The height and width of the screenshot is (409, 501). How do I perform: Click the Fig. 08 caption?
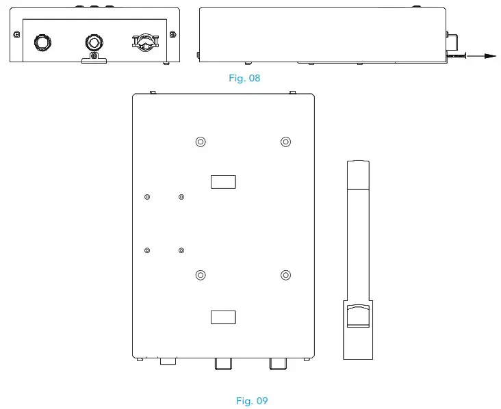[x=244, y=78]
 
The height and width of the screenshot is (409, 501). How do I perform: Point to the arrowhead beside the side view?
[x=489, y=55]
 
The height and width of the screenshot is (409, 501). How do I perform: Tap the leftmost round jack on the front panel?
[x=42, y=42]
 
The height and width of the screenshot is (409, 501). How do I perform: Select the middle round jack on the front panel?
[x=93, y=42]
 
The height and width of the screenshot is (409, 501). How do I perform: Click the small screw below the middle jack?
[x=94, y=56]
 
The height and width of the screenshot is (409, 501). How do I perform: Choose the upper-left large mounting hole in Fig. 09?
[x=200, y=142]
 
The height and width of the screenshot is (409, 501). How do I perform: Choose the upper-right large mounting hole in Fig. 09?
[x=285, y=142]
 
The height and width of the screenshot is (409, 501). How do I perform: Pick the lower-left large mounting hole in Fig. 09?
[x=200, y=275]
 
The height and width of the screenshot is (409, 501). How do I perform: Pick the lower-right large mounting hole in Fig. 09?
[x=285, y=275]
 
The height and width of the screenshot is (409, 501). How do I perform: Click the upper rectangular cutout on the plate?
[x=223, y=181]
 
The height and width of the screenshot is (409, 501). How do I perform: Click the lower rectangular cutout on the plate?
[x=223, y=317]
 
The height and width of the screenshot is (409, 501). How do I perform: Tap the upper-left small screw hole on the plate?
[x=147, y=198]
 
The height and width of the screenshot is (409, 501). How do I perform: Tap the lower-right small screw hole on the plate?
[x=181, y=251]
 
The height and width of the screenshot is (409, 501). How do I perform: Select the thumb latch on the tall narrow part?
[x=357, y=316]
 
